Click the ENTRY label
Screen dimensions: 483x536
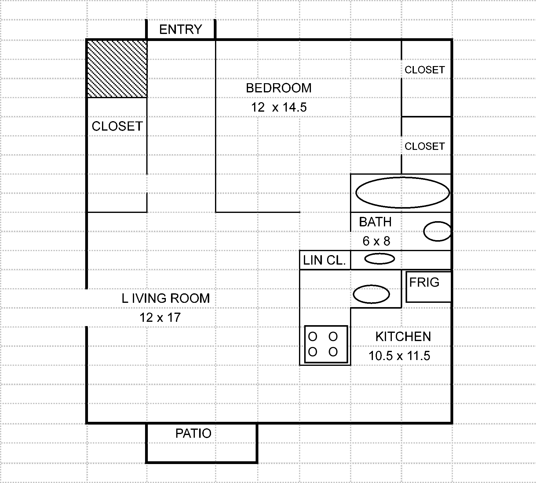(x=180, y=29)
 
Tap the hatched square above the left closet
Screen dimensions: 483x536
(x=117, y=69)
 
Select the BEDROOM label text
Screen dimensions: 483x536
(x=279, y=88)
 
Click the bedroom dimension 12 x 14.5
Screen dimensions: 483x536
(x=279, y=107)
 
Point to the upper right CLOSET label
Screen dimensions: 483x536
(x=425, y=70)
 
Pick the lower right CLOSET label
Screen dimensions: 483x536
(x=425, y=146)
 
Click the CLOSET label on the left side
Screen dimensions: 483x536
(x=117, y=126)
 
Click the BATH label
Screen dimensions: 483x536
(x=375, y=222)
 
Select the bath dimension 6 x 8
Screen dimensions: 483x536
(x=376, y=241)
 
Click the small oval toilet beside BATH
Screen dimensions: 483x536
(x=437, y=231)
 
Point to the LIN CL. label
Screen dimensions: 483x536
(x=324, y=260)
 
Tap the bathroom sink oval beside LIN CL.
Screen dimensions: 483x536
(x=379, y=259)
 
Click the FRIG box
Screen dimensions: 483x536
(x=428, y=287)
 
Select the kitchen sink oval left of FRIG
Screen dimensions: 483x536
(x=371, y=294)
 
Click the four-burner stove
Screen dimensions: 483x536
(x=326, y=344)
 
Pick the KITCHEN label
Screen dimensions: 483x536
(x=403, y=336)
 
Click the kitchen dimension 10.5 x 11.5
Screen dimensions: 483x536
(x=399, y=356)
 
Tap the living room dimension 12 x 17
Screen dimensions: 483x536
(x=160, y=318)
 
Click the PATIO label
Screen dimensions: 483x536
(x=193, y=433)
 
